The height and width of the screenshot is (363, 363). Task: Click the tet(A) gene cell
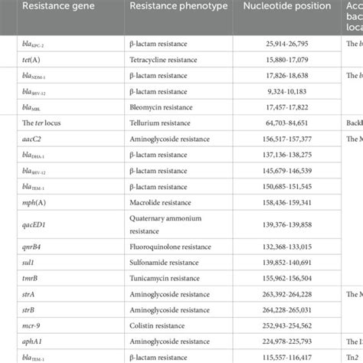click(x=34, y=58)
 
